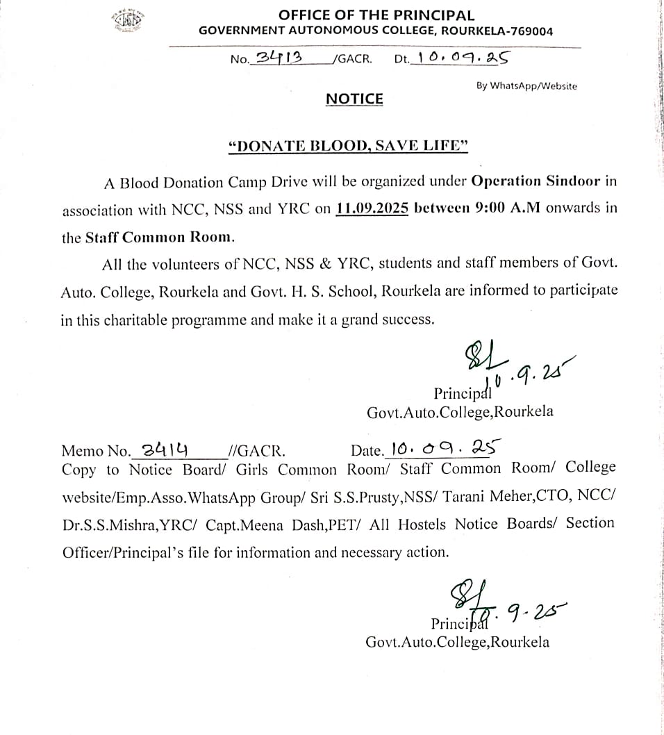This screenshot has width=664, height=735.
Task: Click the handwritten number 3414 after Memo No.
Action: [167, 449]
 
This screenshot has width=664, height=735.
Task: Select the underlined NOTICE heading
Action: [354, 99]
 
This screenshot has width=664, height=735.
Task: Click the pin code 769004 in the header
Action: [529, 31]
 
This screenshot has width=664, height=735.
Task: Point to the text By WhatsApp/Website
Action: [526, 86]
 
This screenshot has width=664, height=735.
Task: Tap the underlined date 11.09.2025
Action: [371, 208]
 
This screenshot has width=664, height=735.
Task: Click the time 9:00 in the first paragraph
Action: [476, 208]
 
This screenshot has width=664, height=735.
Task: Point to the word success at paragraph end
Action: [409, 320]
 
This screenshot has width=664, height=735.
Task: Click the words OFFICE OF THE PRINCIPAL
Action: [376, 15]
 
